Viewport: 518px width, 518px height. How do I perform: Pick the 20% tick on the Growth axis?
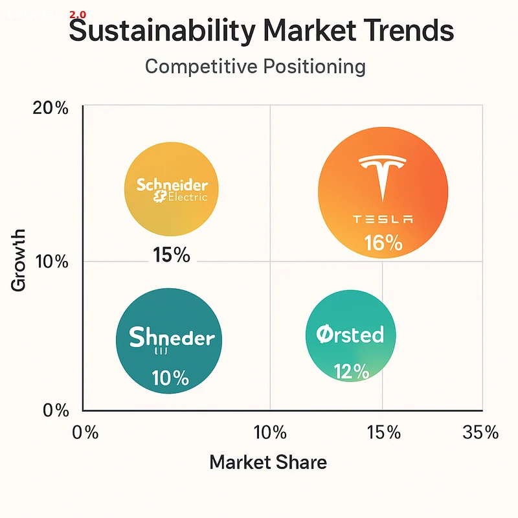pyautogui.click(x=51, y=108)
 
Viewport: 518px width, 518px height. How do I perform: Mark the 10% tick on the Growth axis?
pyautogui.click(x=51, y=262)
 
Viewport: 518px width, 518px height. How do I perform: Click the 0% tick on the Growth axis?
pyautogui.click(x=54, y=411)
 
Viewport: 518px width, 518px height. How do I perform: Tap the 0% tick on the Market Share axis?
pyautogui.click(x=85, y=433)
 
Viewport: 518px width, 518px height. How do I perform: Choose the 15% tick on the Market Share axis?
pyautogui.click(x=383, y=433)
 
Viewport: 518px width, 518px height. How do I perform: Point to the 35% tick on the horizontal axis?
pyautogui.click(x=480, y=433)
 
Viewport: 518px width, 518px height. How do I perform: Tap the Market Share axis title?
pyautogui.click(x=268, y=462)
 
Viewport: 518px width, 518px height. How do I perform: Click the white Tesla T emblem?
pyautogui.click(x=383, y=179)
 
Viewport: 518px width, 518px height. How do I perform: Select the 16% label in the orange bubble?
pyautogui.click(x=383, y=243)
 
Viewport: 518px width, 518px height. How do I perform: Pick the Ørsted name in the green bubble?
pyautogui.click(x=350, y=335)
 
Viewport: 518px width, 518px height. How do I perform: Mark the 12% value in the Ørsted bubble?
pyautogui.click(x=351, y=371)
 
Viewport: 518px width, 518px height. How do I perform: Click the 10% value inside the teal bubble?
pyautogui.click(x=170, y=377)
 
